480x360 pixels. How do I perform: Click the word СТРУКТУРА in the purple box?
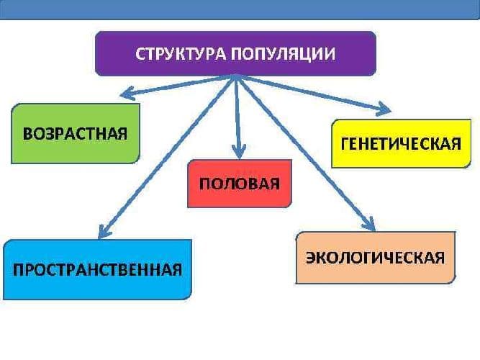pos(182,53)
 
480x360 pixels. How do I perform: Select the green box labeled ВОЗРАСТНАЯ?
pos(76,133)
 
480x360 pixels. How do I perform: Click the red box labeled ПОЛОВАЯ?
pos(239,183)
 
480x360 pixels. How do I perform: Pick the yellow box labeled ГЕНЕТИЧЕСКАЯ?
pos(401,143)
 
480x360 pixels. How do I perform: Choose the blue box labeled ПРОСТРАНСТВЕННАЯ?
pos(97,269)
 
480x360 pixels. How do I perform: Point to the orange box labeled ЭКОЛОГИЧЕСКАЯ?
pos(376,257)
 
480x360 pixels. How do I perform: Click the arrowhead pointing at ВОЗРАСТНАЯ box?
pos(127,92)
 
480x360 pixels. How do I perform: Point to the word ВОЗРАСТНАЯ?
pos(76,134)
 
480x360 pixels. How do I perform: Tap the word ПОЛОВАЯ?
pos(239,183)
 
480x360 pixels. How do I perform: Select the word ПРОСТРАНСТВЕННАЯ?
pos(97,270)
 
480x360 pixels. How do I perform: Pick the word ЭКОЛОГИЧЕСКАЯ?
pos(376,258)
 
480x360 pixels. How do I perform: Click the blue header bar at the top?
pos(240,9)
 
